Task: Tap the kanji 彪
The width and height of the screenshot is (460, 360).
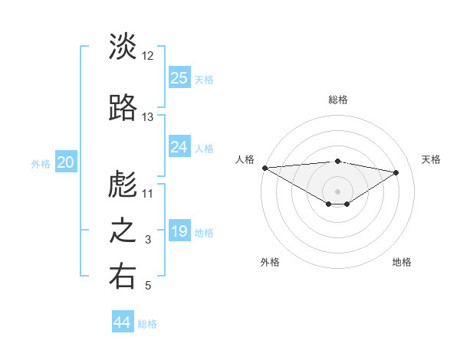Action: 123,184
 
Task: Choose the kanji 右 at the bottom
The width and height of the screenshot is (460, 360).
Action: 123,277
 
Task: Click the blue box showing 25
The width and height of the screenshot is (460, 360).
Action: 179,77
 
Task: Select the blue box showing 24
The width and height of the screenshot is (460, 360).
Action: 179,147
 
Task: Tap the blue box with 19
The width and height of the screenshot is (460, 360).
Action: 179,231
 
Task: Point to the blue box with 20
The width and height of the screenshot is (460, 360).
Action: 66,162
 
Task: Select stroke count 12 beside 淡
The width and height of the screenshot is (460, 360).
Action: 148,56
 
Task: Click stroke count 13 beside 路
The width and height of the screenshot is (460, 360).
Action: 148,117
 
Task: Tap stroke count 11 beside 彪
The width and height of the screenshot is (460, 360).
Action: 148,194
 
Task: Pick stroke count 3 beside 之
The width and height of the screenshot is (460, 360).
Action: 148,241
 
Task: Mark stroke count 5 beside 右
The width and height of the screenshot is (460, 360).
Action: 148,286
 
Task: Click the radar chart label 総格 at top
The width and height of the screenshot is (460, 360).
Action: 337,100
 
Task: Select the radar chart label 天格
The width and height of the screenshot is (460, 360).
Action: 431,159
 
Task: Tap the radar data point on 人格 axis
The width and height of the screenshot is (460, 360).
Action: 264,168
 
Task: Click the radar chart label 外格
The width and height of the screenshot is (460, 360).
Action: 270,262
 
